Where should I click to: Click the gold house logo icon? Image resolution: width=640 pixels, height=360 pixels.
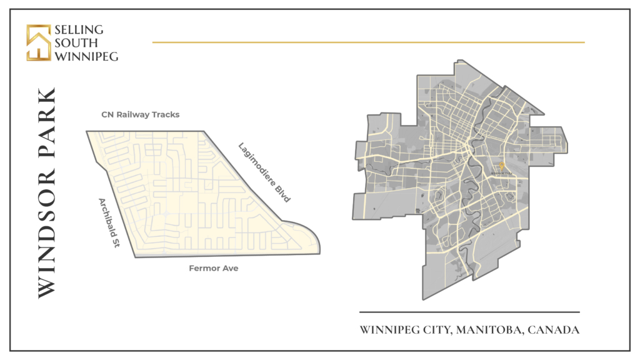[38, 42]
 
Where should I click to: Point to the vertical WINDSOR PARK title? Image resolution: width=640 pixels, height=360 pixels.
[47, 192]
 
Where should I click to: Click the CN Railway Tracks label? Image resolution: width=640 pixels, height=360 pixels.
[141, 115]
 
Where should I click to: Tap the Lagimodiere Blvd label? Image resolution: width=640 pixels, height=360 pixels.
[265, 172]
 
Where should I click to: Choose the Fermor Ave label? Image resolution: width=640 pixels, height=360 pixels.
[214, 269]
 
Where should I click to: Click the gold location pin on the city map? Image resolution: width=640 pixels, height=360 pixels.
[502, 166]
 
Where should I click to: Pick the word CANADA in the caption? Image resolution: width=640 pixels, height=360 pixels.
[554, 330]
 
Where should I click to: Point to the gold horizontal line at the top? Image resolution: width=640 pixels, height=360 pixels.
[368, 42]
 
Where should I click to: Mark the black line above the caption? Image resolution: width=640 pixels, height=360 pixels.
[469, 312]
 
